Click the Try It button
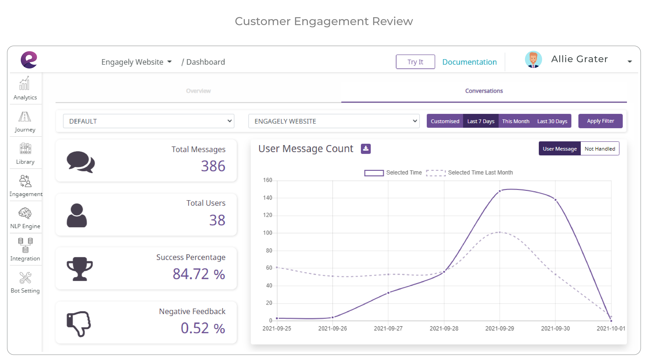(x=415, y=62)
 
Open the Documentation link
(x=469, y=62)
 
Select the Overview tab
(x=198, y=91)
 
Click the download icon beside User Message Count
(x=366, y=149)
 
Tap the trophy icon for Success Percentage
(x=79, y=269)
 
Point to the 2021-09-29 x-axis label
(x=499, y=328)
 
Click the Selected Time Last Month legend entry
(x=469, y=173)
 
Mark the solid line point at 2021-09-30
(x=555, y=200)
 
